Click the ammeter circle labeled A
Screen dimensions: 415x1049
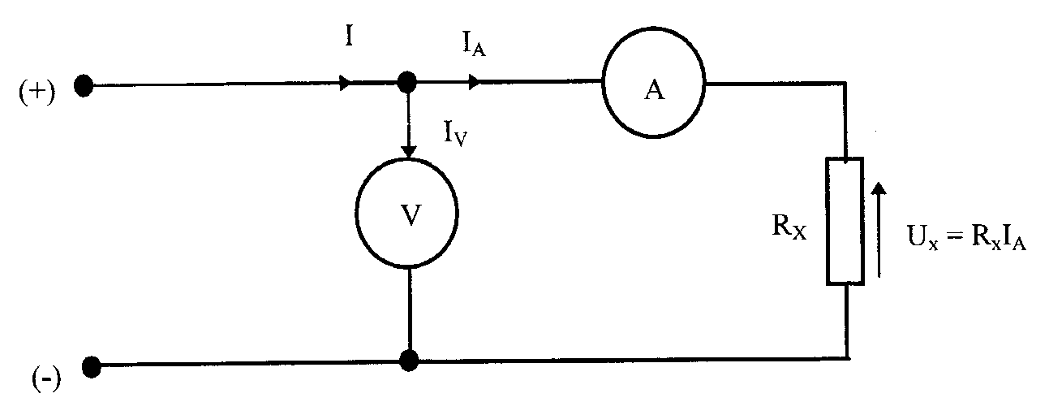click(x=654, y=90)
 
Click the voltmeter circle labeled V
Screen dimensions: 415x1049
click(x=411, y=218)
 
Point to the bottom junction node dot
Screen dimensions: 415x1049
click(x=410, y=359)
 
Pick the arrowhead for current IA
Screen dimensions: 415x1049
click(x=474, y=83)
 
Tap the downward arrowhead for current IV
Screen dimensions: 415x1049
click(x=410, y=151)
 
